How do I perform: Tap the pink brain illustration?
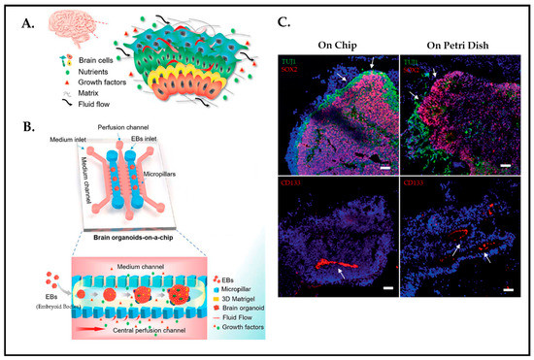click(x=59, y=32)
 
